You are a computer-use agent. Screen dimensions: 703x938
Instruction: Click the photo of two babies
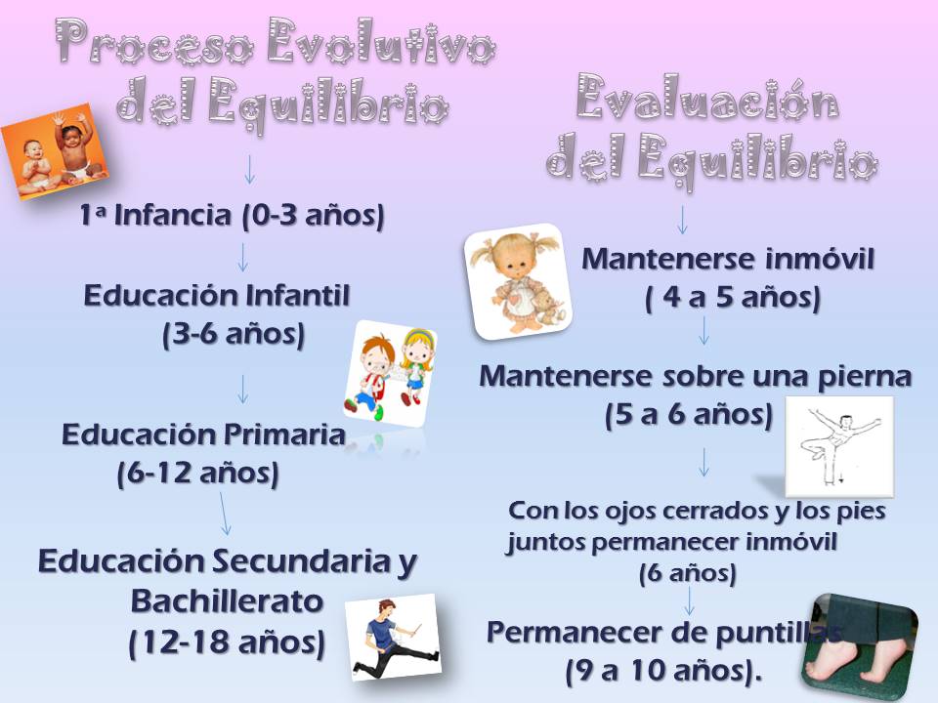55,151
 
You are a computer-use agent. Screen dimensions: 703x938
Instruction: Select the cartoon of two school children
389,372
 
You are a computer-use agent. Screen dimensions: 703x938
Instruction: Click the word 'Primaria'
288,434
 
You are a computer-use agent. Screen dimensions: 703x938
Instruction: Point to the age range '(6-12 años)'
198,475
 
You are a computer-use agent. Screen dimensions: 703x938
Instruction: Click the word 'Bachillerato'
227,600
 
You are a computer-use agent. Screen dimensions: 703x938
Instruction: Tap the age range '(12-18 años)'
227,642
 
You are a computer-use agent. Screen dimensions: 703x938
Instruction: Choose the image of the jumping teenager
392,636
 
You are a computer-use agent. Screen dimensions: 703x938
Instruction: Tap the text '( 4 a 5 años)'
732,299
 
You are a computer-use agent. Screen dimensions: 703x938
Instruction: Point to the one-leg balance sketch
839,445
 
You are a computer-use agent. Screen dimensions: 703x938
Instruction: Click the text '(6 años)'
687,573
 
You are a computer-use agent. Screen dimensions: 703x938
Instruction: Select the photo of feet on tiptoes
859,649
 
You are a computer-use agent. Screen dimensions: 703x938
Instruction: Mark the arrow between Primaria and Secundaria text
225,513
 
